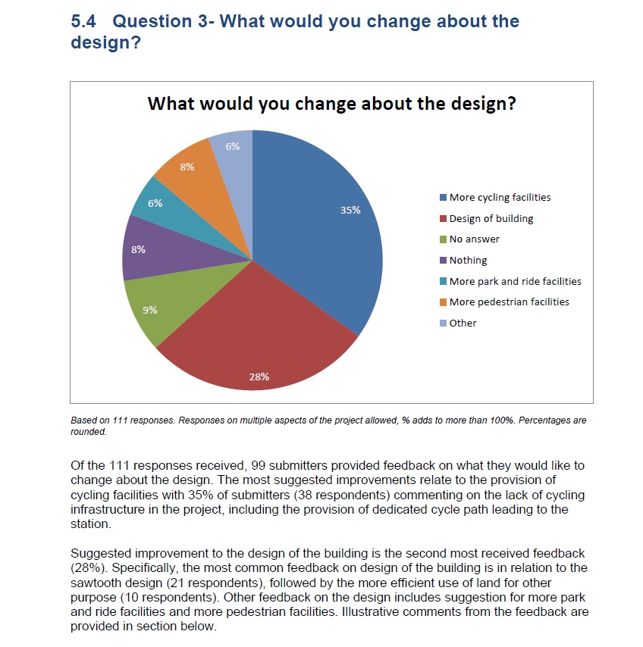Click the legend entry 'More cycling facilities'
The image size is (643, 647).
(500, 198)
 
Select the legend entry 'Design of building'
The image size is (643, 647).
(491, 219)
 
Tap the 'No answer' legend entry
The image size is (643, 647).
(474, 239)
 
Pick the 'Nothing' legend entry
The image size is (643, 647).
(468, 261)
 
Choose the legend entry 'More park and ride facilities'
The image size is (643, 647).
(515, 281)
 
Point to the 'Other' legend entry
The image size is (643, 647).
(463, 323)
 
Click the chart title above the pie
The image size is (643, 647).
(331, 103)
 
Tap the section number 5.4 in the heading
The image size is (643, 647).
(84, 21)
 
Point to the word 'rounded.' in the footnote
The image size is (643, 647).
(89, 433)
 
